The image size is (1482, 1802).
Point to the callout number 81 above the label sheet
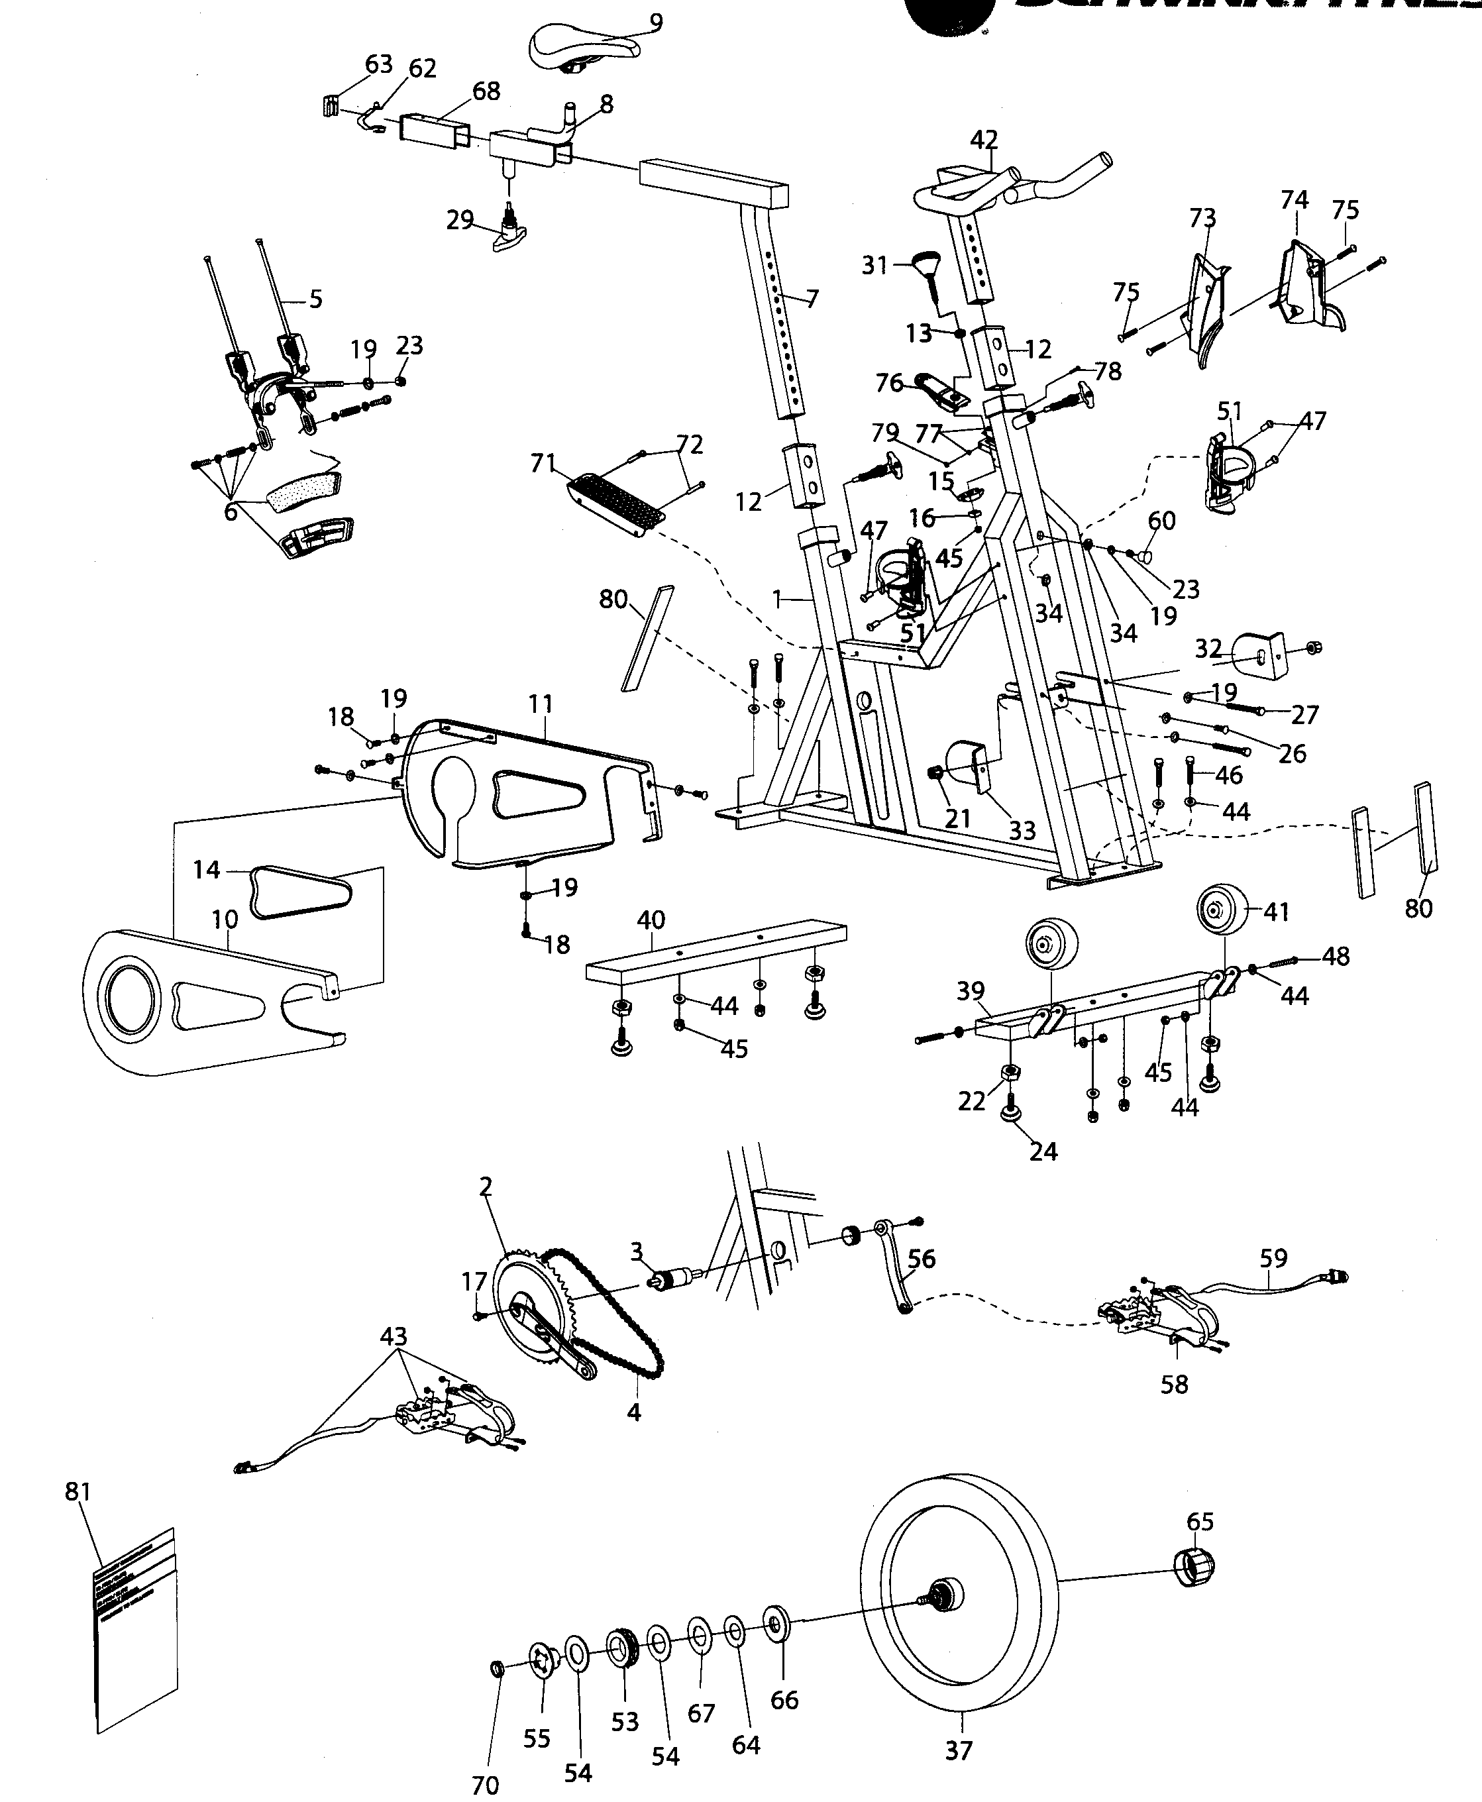pos(78,1491)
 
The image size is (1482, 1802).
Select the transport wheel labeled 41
pos(1222,912)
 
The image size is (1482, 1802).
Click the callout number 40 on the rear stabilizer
pos(651,920)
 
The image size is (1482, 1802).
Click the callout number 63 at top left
pos(378,64)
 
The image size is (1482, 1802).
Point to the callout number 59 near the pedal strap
pos(1274,1257)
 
